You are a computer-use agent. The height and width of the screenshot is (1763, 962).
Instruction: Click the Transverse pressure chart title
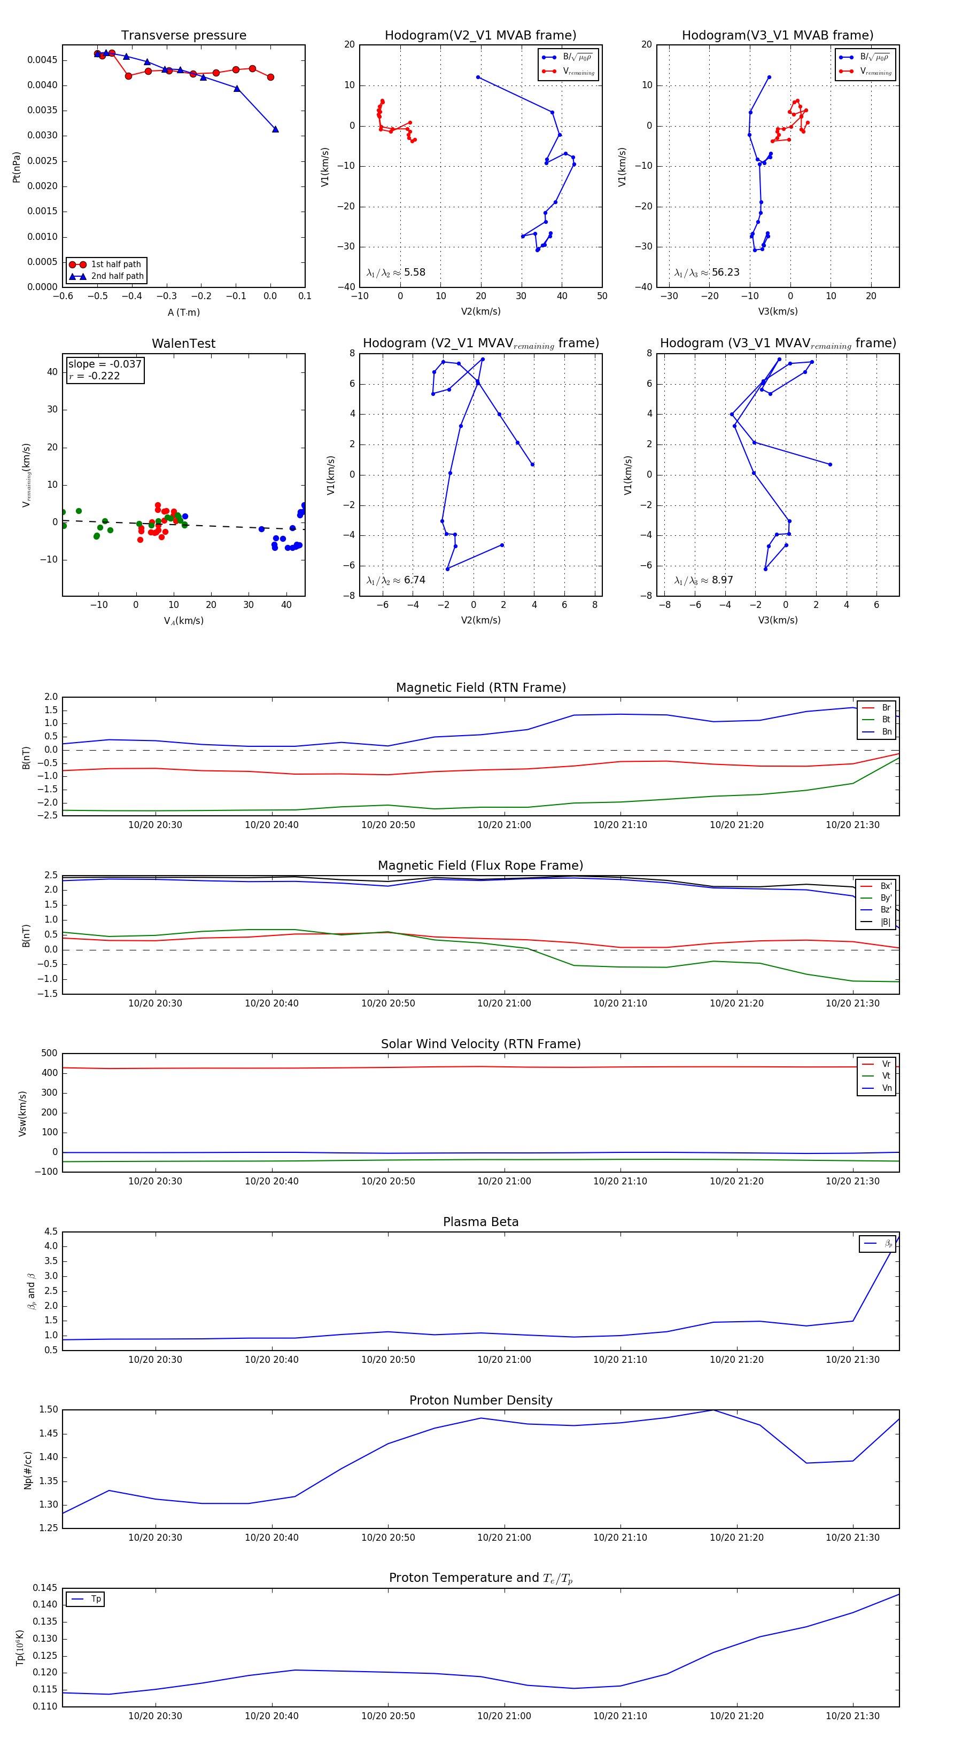183,36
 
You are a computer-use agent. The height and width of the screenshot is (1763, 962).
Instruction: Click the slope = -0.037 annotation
105,364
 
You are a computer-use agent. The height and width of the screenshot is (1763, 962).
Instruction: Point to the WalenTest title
183,344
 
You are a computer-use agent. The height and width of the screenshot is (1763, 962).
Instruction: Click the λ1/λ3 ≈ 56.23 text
707,272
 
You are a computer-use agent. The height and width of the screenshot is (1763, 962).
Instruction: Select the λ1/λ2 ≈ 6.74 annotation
395,580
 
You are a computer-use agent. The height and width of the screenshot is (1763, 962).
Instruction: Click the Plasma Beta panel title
480,1222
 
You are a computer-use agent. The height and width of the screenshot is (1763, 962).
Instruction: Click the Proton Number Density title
480,1400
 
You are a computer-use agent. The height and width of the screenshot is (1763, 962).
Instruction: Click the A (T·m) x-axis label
183,313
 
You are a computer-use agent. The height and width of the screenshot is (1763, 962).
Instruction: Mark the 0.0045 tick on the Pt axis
42,60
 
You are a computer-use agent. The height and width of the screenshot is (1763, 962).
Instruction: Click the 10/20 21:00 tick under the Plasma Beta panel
504,1359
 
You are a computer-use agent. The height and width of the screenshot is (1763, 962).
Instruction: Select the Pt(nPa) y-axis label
17,167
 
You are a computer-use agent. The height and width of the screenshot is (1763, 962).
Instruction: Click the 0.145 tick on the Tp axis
46,1588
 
